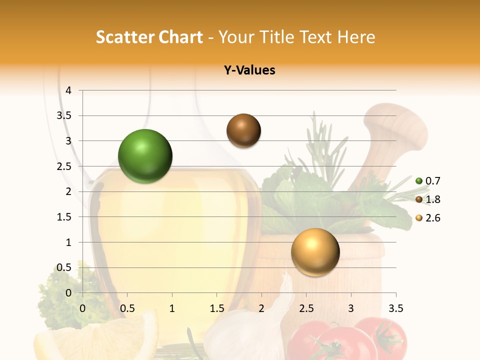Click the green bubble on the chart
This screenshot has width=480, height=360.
point(145,156)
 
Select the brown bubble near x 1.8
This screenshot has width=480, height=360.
point(243,130)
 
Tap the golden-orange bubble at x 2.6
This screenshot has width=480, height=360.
point(315,252)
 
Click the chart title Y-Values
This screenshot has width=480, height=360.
point(249,70)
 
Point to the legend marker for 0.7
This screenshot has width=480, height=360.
point(419,181)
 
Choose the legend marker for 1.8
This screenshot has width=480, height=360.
point(419,199)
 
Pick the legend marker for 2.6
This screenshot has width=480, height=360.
point(419,218)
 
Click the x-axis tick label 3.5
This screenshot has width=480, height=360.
point(395,308)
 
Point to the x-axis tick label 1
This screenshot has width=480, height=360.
point(172,308)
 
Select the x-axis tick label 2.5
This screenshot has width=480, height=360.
point(306,308)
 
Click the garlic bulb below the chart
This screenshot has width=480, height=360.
point(245,335)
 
